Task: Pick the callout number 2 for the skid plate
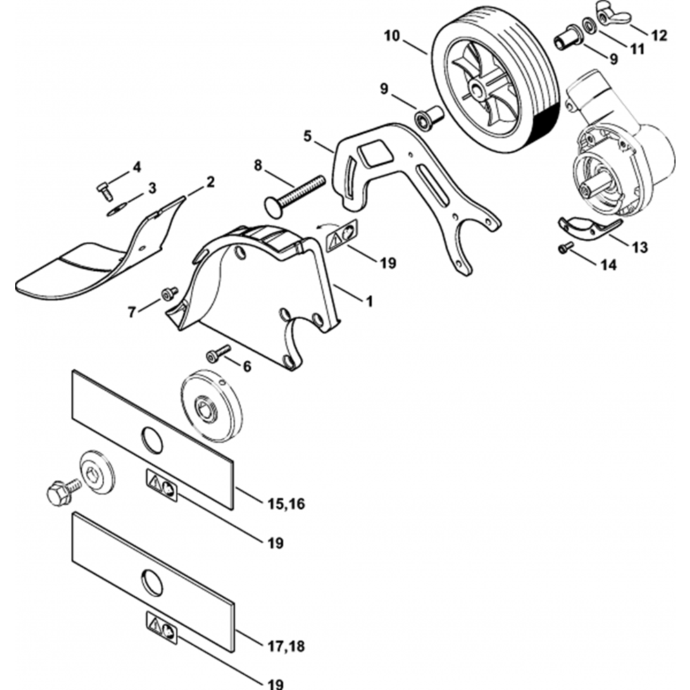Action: coord(210,182)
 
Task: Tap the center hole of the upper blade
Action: coord(152,440)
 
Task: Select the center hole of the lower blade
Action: coord(152,584)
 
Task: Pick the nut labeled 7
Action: coord(168,295)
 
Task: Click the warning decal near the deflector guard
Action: coord(342,235)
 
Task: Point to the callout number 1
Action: coord(368,301)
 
